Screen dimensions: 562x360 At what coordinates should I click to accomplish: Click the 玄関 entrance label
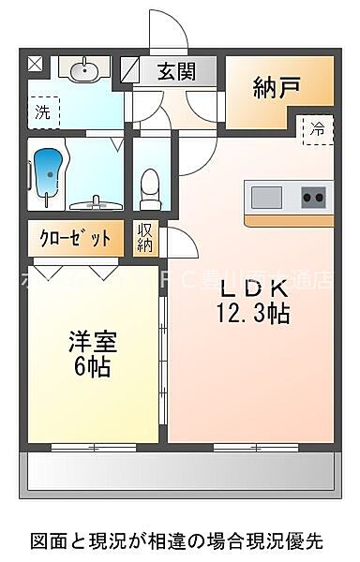[x=176, y=70]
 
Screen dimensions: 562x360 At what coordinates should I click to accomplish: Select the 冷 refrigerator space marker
[x=318, y=130]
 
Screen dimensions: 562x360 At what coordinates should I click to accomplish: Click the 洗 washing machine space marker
[x=42, y=112]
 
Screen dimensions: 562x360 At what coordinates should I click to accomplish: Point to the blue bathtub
[x=46, y=170]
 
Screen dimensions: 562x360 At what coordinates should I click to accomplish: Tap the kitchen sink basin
[x=265, y=198]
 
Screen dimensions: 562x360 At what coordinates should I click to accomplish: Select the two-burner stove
[x=313, y=198]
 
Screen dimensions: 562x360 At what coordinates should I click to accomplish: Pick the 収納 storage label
[x=145, y=238]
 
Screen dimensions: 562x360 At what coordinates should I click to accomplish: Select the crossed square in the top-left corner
[x=35, y=64]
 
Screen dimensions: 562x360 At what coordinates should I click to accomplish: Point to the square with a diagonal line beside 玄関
[x=127, y=68]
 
